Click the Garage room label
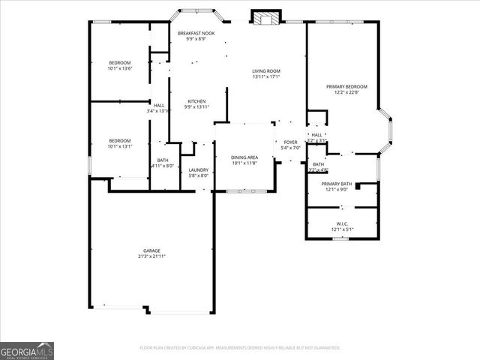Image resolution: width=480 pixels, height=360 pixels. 152,250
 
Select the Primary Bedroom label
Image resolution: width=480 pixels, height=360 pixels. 346,87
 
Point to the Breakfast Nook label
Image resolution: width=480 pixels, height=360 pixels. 196,34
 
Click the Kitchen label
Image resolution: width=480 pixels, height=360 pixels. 196,101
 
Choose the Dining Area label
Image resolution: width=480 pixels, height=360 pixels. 244,157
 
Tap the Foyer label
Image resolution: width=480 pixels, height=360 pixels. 290,142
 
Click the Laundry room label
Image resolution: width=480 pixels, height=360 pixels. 198,170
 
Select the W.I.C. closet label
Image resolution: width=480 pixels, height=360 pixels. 342,223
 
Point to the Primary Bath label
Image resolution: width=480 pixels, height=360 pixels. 337,184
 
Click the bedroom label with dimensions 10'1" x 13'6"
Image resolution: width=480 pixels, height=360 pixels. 120,62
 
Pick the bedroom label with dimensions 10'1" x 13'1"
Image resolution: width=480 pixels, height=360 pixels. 120,141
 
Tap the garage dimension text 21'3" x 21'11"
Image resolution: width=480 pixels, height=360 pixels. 152,256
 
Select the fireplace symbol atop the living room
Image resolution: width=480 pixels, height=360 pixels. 265,17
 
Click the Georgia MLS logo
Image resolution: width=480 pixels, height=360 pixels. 27,350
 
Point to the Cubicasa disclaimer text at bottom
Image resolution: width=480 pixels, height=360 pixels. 240,348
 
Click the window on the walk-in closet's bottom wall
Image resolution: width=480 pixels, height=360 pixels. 341,239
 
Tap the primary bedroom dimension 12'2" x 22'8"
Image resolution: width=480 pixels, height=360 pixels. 346,93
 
